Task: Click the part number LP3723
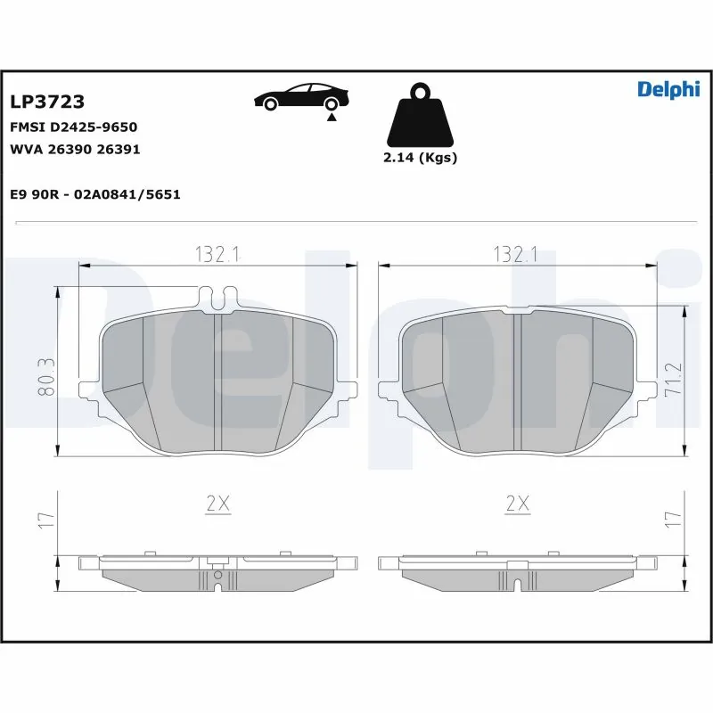pyautogui.click(x=46, y=103)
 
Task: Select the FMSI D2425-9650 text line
pyautogui.click(x=73, y=127)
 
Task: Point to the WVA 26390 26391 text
pyautogui.click(x=75, y=149)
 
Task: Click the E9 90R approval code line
pyautogui.click(x=94, y=193)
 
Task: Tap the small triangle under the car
pyautogui.click(x=332, y=117)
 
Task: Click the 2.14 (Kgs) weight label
pyautogui.click(x=420, y=158)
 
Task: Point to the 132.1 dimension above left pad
pyautogui.click(x=218, y=254)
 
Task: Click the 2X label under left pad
pyautogui.click(x=218, y=504)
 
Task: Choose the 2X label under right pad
pyautogui.click(x=517, y=504)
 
